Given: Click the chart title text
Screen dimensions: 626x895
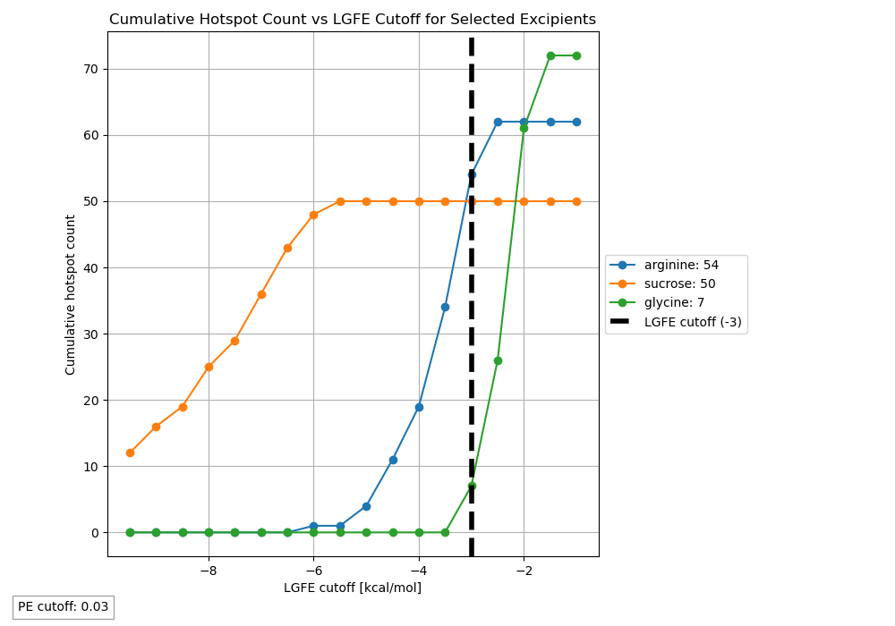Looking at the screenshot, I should [353, 20].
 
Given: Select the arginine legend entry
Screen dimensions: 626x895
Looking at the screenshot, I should [681, 266].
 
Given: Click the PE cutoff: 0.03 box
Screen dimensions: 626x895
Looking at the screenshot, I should [64, 607].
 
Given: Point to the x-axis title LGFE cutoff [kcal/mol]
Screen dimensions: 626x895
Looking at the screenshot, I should [353, 588].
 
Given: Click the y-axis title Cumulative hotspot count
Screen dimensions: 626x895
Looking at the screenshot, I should [71, 294].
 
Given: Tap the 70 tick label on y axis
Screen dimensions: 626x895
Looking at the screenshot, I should [90, 69].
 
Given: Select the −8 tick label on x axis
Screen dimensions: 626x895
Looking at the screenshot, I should [209, 571].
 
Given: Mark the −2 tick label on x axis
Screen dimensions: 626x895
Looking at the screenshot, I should [524, 571].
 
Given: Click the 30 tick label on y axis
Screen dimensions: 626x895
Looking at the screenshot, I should [90, 334].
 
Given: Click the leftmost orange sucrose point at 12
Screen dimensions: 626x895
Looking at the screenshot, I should [130, 453].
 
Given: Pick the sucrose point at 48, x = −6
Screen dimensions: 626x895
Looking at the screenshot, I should [313, 215].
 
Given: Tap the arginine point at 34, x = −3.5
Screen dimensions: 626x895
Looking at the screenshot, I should [445, 307].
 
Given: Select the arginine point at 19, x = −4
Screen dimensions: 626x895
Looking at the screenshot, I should [419, 407].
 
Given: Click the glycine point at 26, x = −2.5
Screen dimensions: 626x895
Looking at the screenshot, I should [498, 360].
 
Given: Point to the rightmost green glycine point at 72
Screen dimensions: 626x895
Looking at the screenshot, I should [576, 55].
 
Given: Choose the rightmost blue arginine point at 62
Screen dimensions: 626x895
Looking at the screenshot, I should [576, 122].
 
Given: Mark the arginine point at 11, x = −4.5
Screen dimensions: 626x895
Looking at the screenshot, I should [393, 460].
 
